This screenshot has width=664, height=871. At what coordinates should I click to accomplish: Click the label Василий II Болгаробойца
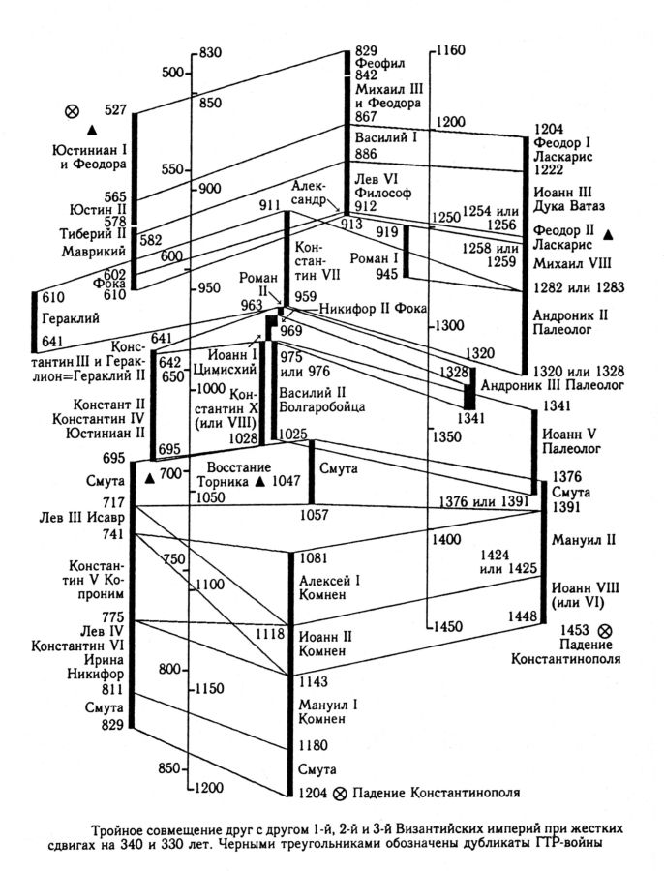tap(321, 401)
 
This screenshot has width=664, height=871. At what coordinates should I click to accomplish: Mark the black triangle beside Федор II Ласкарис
tap(608, 234)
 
